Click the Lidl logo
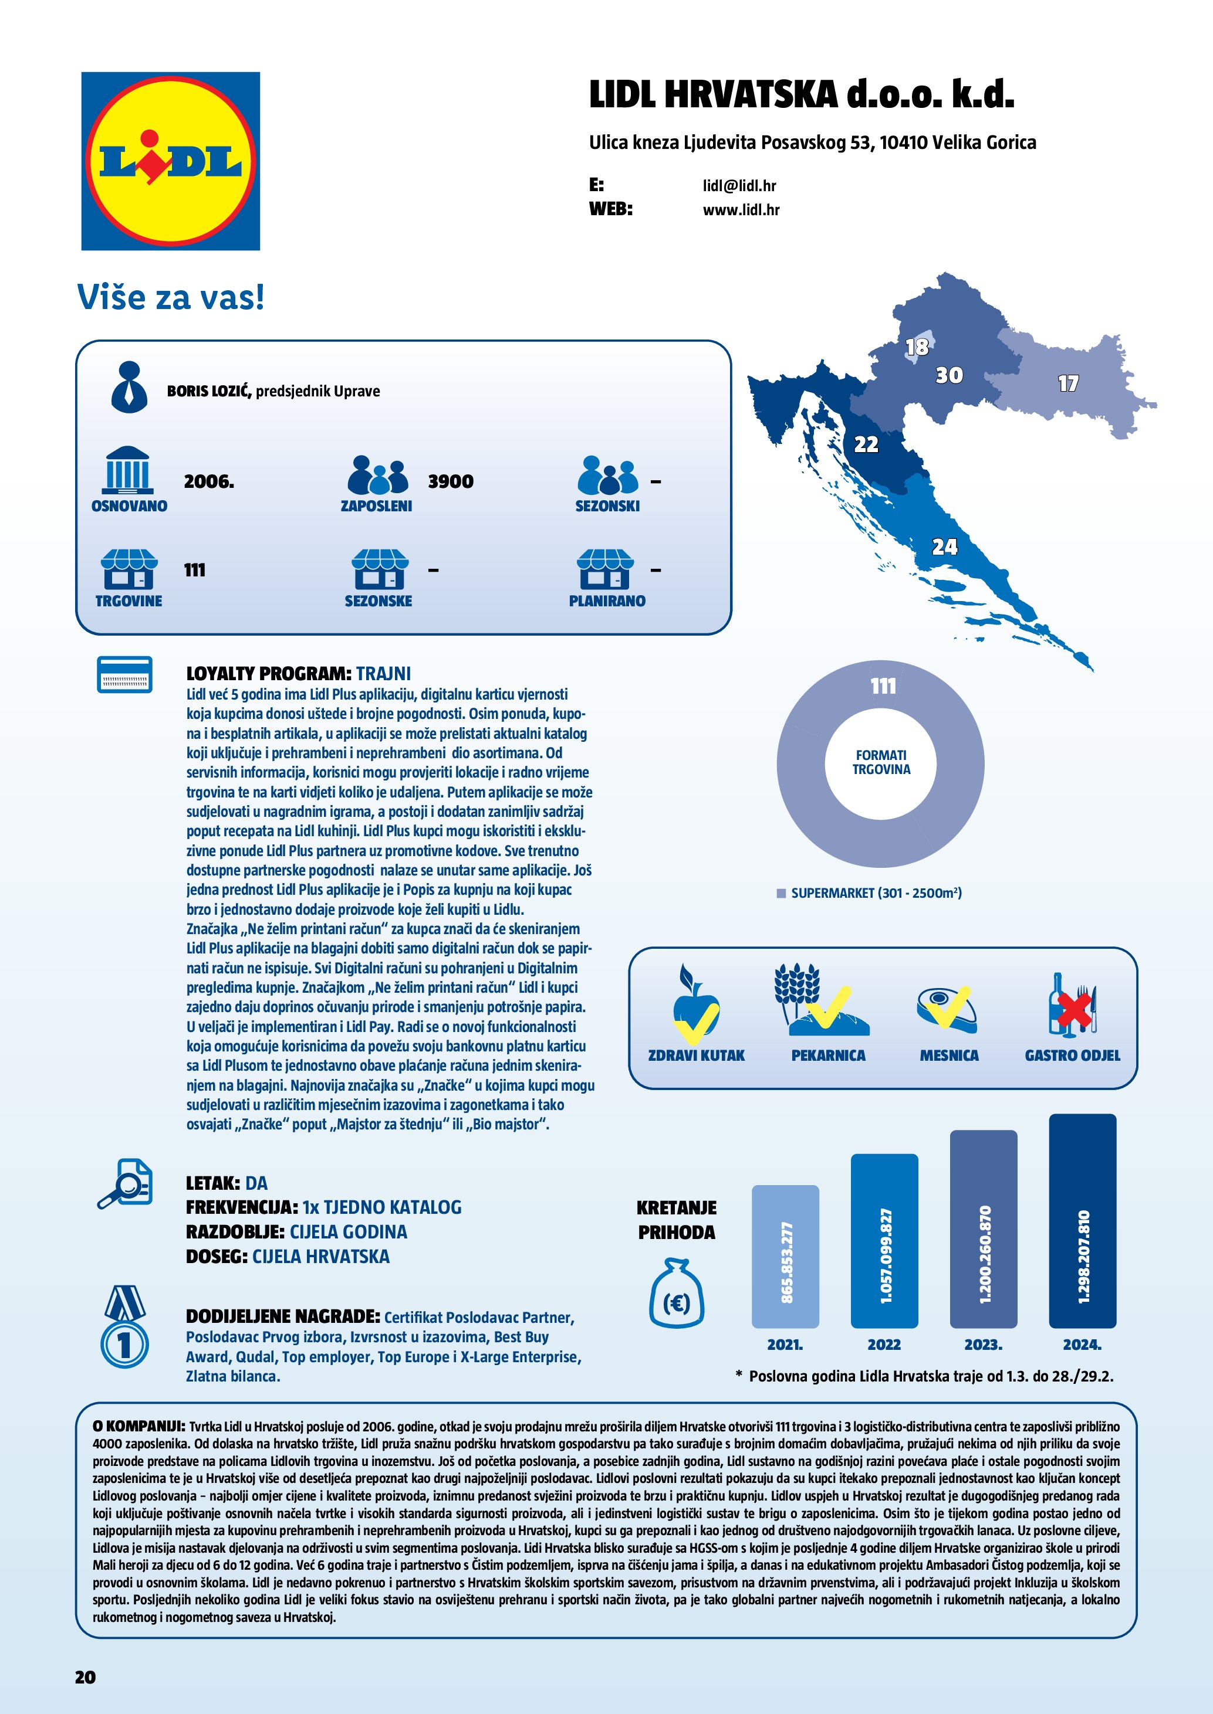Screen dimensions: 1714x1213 (170, 161)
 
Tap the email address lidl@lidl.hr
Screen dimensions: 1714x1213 (739, 186)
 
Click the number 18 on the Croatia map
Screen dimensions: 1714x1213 (917, 347)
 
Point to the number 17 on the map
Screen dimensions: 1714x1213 (1067, 383)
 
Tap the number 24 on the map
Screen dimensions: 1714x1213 (944, 547)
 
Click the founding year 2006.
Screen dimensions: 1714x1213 (208, 481)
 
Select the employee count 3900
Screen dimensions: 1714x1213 (450, 481)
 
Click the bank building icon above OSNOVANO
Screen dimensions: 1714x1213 (128, 470)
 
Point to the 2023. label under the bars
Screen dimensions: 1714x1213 (983, 1345)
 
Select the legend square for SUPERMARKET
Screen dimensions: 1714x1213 (781, 894)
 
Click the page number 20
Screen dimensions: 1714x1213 (85, 1678)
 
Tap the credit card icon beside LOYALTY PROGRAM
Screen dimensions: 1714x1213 (125, 675)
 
